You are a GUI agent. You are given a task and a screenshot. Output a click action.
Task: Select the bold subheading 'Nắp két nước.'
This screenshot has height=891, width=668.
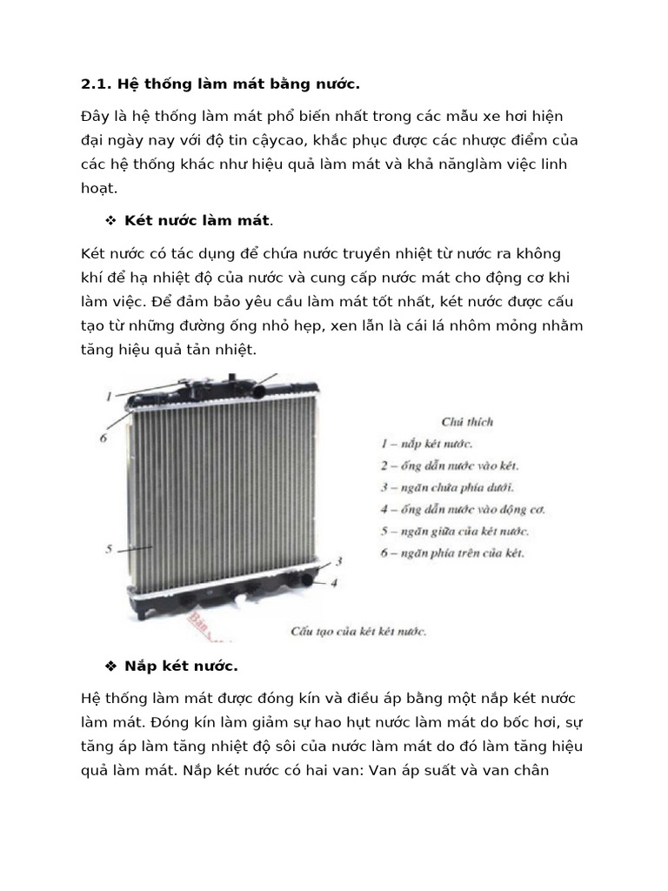pos(181,667)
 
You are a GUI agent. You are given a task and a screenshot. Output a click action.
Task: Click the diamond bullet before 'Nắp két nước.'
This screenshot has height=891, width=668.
pos(110,667)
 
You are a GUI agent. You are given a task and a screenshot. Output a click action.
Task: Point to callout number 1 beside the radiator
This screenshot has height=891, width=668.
pos(109,396)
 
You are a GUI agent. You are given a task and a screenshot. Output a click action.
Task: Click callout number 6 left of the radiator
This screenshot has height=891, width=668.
pos(103,438)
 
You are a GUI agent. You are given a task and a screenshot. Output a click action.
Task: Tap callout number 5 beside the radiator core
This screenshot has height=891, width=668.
pos(109,549)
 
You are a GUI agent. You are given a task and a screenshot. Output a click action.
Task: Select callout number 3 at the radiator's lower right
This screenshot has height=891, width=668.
pos(338,561)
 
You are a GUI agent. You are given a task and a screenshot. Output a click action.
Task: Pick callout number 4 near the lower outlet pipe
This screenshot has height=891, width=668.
pos(335,582)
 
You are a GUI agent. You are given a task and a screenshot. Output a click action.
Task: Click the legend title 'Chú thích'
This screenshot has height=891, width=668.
pos(467,422)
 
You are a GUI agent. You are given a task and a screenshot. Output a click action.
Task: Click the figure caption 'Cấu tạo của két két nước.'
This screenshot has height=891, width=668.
pos(357,631)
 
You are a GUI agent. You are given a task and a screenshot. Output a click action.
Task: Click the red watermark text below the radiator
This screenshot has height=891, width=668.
pos(205,626)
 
